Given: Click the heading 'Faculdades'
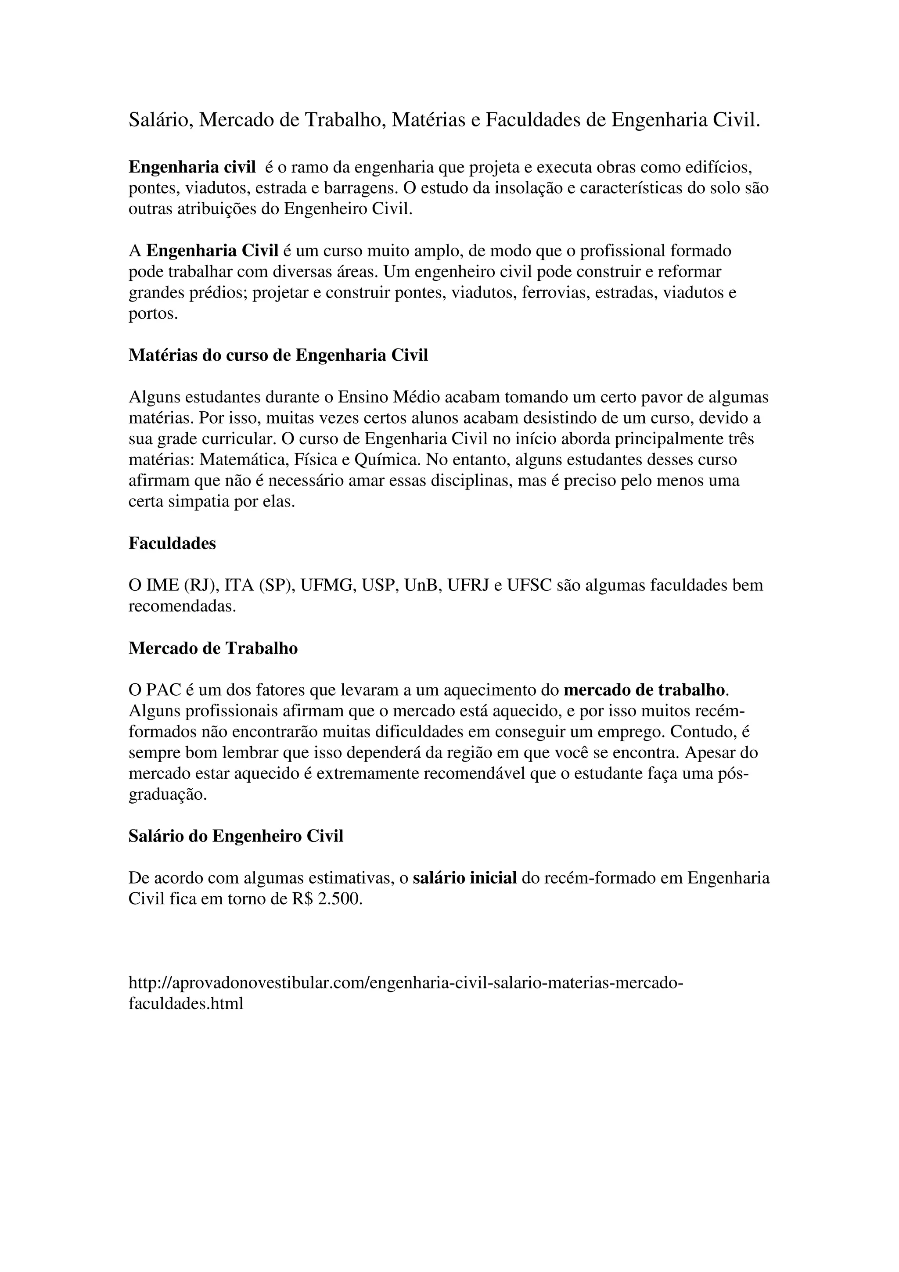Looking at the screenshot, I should point(172,543).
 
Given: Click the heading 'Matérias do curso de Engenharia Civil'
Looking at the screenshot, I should point(278,355).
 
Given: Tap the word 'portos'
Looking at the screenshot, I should point(154,313).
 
